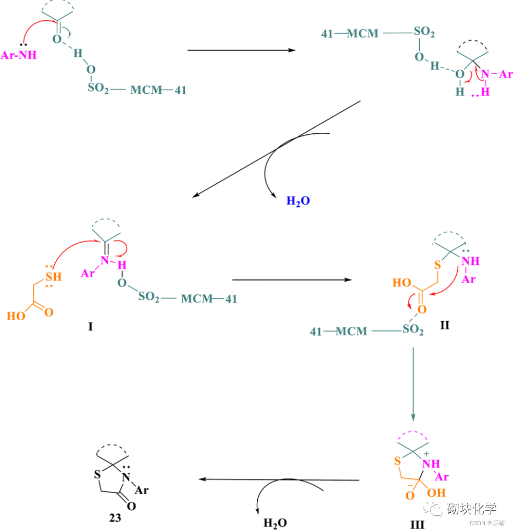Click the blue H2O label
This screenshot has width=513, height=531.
[298, 200]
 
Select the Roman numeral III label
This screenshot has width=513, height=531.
[417, 524]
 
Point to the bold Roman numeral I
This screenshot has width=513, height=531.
[90, 327]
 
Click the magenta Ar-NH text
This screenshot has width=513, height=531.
[19, 55]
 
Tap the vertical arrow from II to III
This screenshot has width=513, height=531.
[413, 383]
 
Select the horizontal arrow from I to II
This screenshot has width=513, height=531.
[292, 280]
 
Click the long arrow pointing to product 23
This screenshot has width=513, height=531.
[281, 479]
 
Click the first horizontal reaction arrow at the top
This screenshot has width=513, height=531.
[241, 50]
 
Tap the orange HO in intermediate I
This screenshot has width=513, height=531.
[16, 315]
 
